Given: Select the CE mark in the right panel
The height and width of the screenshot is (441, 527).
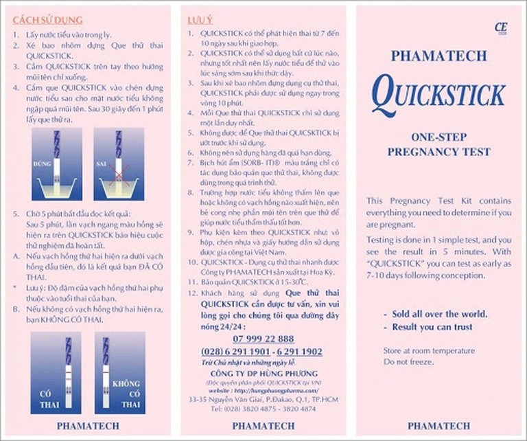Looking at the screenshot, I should (499, 27).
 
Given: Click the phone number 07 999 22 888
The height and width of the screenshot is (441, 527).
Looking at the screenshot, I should (263, 339).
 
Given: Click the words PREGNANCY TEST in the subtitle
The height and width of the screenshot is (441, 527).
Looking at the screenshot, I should (441, 150).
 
